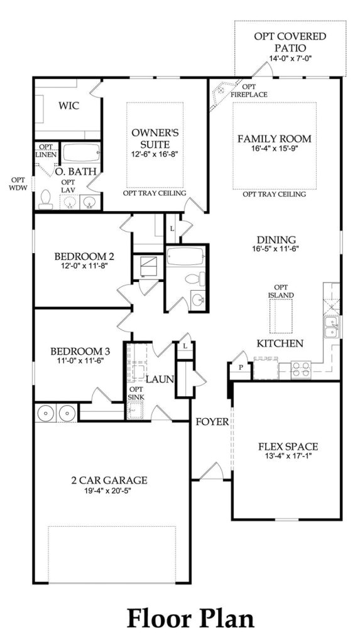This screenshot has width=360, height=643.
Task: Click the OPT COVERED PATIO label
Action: [x=290, y=41]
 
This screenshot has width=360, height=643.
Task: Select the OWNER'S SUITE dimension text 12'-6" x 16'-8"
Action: [x=156, y=154]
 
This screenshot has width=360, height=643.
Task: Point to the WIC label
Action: [x=68, y=105]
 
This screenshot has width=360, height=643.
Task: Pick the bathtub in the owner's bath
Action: [x=78, y=153]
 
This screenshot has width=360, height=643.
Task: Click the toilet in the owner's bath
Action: [x=45, y=198]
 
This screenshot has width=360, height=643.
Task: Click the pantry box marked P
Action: [x=240, y=370]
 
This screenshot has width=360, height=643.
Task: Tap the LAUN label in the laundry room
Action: [x=160, y=379]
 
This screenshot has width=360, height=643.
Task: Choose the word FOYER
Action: [x=211, y=421]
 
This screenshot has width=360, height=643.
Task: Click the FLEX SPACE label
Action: [x=288, y=447]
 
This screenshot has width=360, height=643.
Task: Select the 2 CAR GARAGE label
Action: [x=109, y=480]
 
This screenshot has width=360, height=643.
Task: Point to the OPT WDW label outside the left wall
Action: [x=18, y=183]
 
